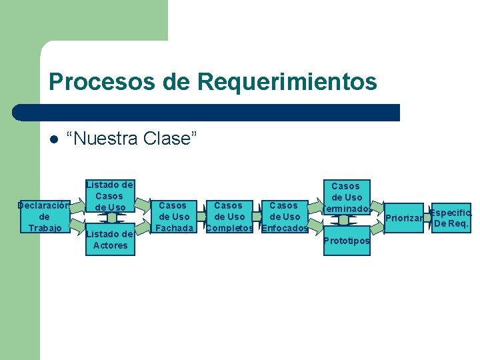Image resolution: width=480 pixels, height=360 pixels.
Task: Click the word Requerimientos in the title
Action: [287, 82]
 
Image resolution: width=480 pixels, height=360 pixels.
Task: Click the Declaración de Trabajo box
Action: [44, 217]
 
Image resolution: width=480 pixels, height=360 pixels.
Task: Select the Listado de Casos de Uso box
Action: [109, 196]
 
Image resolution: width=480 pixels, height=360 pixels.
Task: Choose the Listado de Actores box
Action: [109, 239]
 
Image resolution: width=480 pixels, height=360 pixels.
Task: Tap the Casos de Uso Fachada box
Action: [173, 217]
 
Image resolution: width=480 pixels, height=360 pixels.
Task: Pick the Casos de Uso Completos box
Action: [229, 217]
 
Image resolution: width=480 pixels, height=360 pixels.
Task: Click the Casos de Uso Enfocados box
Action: [285, 217]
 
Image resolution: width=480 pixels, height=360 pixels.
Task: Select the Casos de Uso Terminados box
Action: [345, 197]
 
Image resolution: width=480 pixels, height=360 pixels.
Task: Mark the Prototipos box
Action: [345, 240]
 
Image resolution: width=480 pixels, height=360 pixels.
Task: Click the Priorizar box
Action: [403, 218]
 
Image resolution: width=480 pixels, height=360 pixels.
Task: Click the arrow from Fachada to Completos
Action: [201, 217]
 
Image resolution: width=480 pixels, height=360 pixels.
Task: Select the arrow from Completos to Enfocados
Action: [257, 217]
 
